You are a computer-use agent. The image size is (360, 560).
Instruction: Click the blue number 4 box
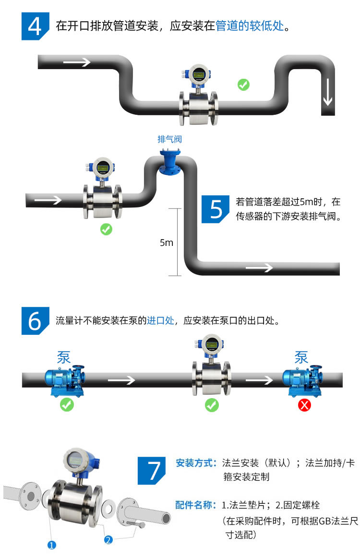pyautogui.click(x=35, y=26)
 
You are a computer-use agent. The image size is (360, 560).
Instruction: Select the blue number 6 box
pyautogui.click(x=35, y=320)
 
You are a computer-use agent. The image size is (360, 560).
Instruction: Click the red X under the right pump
pyautogui.click(x=304, y=405)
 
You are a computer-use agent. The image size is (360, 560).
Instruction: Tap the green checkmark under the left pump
pyautogui.click(x=67, y=405)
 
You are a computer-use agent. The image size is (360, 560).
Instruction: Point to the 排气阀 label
pyautogui.click(x=169, y=139)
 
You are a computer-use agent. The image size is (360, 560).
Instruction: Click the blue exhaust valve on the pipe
pyautogui.click(x=169, y=163)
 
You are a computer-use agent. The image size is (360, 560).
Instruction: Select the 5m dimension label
pyautogui.click(x=166, y=243)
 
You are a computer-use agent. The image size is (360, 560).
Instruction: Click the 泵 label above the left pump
pyautogui.click(x=64, y=357)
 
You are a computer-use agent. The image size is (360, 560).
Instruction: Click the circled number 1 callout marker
pyautogui.click(x=52, y=545)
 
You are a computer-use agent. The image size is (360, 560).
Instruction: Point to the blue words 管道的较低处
pyautogui.click(x=250, y=26)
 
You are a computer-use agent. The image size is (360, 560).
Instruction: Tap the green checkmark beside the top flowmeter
pyautogui.click(x=243, y=85)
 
